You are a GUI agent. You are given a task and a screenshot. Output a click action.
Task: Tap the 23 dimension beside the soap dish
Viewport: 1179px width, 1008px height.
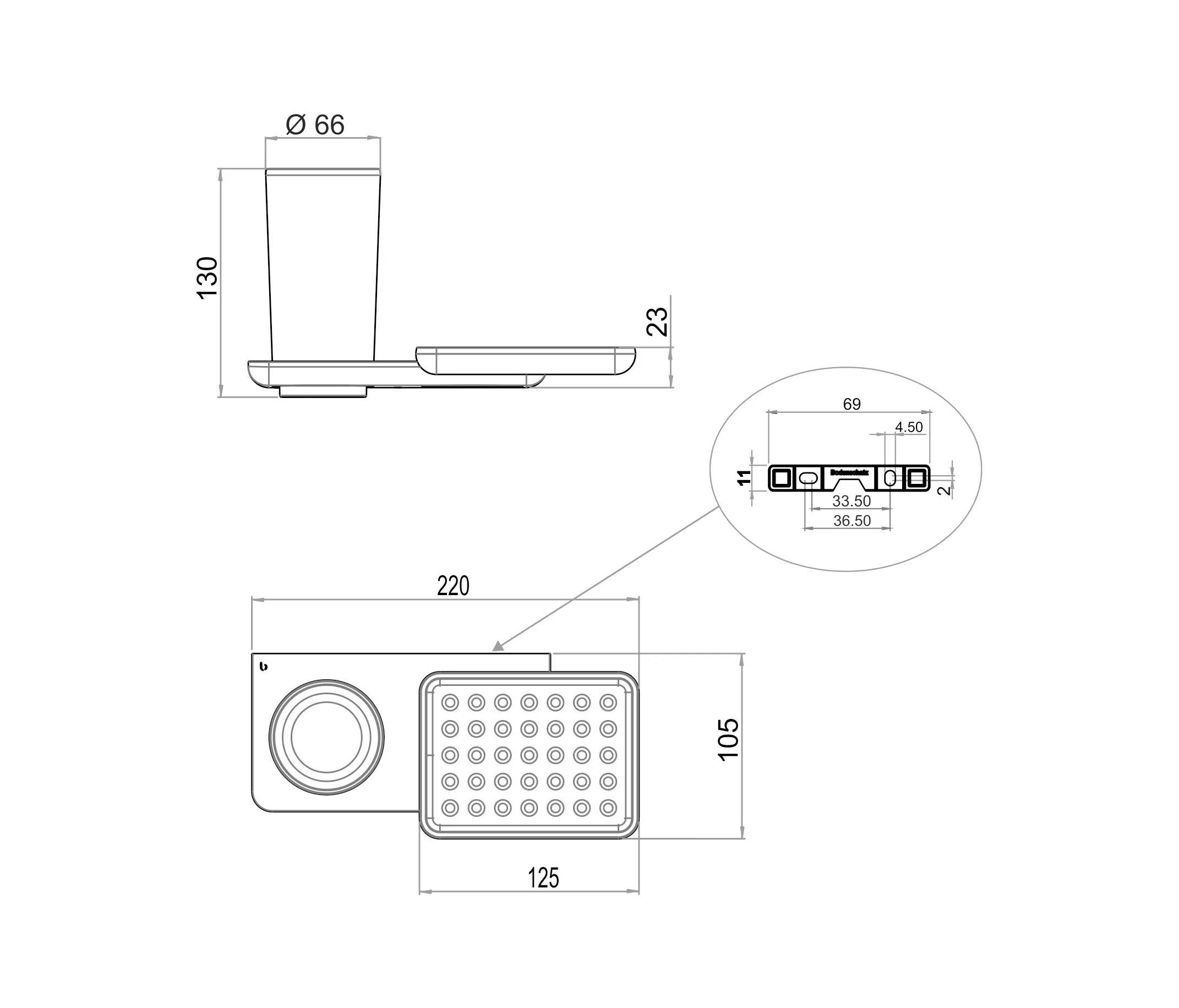657,322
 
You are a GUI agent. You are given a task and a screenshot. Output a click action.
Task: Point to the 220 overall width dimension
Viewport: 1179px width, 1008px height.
453,586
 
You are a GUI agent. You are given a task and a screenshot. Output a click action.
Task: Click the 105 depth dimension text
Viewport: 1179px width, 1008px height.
728,740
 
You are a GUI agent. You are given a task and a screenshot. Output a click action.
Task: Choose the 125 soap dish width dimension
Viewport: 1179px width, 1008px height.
543,878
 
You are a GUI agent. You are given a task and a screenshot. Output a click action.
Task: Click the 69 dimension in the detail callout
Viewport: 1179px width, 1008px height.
852,404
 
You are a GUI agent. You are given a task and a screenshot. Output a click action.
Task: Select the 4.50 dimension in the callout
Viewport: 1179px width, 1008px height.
909,427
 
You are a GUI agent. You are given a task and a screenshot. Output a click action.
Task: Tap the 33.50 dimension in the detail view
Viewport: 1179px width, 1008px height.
852,501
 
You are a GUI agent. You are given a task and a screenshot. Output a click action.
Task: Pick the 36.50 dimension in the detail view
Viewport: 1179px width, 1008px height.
852,520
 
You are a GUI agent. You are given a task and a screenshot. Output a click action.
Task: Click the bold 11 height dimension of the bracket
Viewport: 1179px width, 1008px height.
744,477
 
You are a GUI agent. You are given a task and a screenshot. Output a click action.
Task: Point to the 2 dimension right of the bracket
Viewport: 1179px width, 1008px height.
944,490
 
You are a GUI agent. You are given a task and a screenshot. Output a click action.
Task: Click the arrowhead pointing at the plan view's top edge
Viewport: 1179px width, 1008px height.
498,646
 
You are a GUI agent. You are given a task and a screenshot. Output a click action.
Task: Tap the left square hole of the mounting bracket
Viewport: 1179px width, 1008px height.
781,478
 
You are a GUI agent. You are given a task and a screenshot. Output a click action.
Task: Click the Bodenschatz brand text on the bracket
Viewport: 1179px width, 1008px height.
849,472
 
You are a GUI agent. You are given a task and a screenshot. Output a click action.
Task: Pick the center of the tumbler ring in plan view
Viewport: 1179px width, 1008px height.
326,738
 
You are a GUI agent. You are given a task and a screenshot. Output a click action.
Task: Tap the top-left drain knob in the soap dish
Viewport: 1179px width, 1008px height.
450,703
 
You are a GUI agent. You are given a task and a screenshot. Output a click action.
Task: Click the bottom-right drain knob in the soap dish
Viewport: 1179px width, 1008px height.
608,808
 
